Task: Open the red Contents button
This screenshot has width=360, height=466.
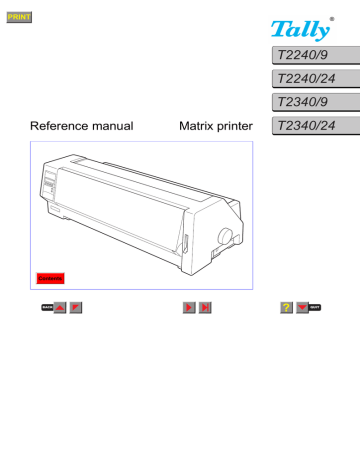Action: (x=49, y=276)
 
